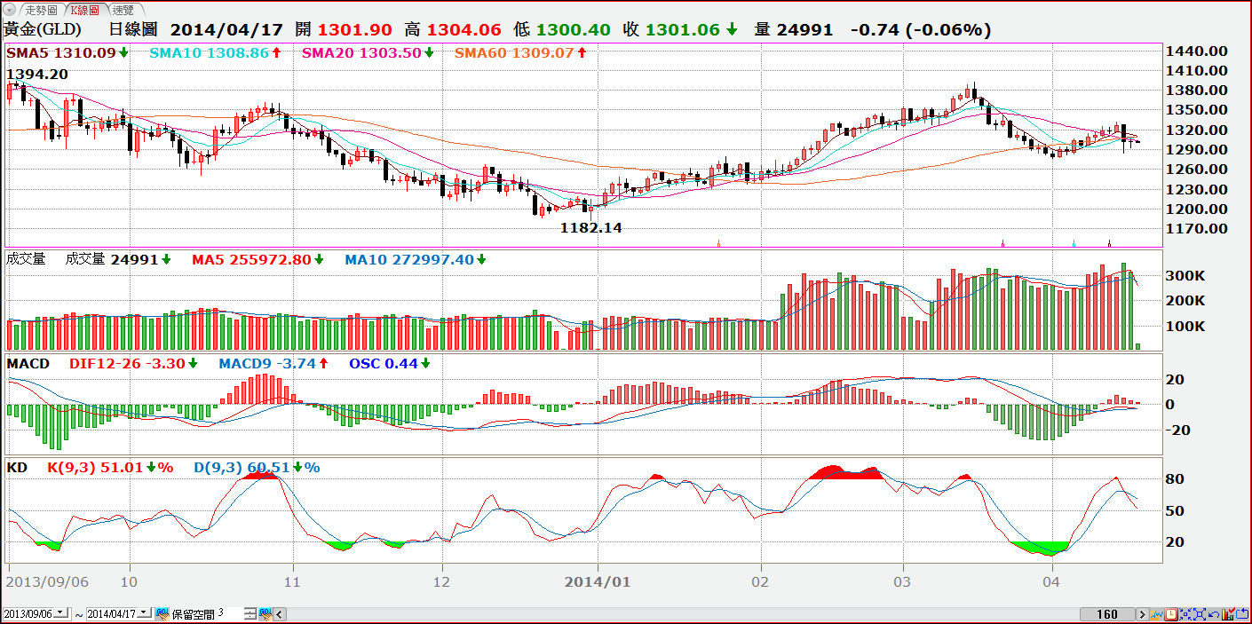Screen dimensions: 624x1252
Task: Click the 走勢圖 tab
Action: coord(41,10)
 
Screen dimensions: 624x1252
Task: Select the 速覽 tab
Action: coord(123,10)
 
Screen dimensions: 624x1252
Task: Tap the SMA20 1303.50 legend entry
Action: coord(361,53)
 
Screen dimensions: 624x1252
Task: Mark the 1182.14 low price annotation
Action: coord(590,228)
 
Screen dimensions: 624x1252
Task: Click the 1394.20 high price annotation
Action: coord(37,75)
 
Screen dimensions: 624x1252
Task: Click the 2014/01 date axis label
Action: coord(598,582)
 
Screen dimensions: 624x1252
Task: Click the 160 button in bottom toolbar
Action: coord(1106,614)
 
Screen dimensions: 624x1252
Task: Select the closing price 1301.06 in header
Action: coord(682,29)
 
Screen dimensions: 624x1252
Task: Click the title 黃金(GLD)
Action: coord(43,29)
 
